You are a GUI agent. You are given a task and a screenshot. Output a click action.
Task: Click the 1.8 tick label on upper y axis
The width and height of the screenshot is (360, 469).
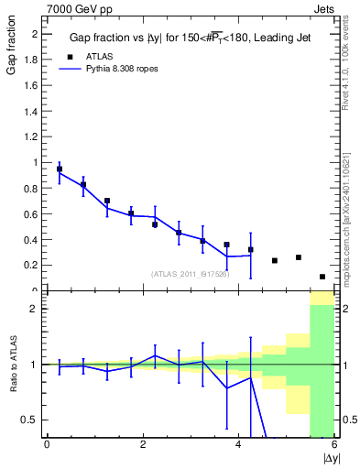click(30, 60)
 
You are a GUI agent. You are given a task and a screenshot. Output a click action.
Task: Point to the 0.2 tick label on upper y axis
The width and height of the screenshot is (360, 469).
click(30, 265)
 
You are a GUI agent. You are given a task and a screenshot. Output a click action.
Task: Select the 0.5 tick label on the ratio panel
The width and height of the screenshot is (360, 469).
click(30, 420)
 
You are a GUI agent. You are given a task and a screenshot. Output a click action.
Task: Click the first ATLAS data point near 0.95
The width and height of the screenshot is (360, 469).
click(60, 169)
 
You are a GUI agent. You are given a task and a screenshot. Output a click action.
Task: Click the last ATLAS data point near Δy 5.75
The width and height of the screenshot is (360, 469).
click(322, 277)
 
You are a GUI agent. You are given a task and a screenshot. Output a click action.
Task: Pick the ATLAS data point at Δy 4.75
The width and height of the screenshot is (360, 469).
click(275, 261)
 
